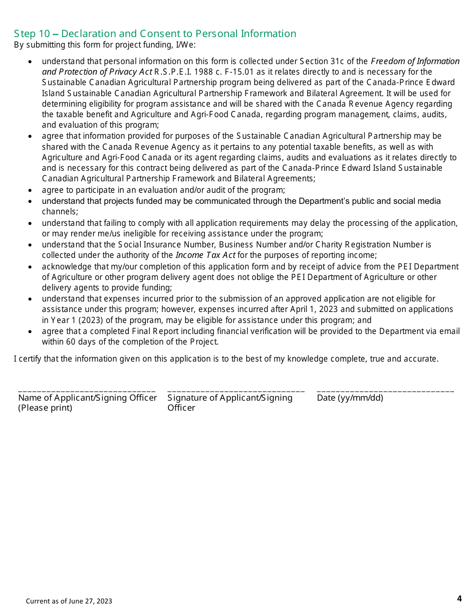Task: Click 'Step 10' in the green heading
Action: coord(32,34)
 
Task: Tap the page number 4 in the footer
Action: coord(459,598)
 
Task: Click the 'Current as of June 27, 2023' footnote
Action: coord(69,601)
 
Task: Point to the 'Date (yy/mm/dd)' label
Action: coord(350,398)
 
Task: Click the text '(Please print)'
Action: coord(45,408)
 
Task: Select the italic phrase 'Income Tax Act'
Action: coord(205,255)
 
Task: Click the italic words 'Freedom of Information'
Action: coord(415,61)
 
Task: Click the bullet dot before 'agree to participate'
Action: coord(31,191)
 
